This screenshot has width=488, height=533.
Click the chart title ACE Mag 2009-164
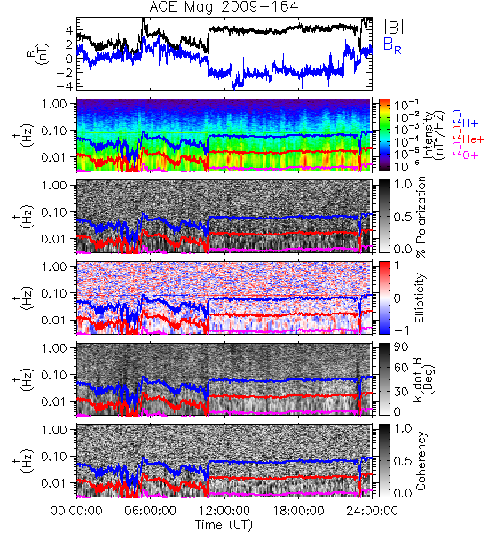(224, 7)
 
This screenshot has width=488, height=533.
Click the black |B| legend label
(393, 27)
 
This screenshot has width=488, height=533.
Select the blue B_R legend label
(392, 45)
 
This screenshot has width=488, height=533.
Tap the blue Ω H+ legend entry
(465, 119)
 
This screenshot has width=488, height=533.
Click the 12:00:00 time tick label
(224, 511)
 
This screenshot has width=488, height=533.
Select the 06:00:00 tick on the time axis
(151, 511)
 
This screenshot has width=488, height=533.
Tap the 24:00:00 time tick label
(372, 511)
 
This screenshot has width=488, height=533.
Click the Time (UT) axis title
(224, 525)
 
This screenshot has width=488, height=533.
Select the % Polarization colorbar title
(421, 217)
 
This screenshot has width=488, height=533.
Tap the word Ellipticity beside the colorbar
(421, 298)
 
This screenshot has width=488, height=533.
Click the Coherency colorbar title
(421, 461)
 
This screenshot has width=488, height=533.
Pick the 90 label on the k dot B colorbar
(401, 347)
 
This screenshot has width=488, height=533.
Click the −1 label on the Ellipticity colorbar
(401, 330)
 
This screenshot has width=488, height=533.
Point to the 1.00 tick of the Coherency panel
(55, 430)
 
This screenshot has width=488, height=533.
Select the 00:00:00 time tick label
(76, 511)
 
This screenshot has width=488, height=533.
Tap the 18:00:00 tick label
(298, 511)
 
